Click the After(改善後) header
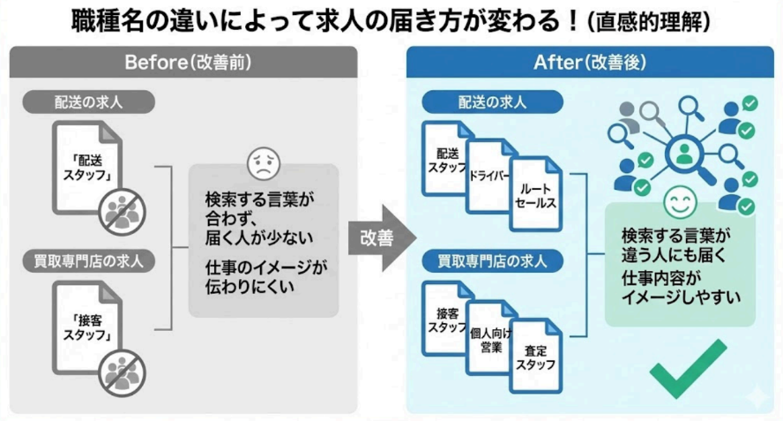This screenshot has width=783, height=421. [592, 63]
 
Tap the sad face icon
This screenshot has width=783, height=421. [261, 162]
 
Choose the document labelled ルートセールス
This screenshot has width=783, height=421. [533, 196]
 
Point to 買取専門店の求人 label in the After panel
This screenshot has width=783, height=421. [492, 261]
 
